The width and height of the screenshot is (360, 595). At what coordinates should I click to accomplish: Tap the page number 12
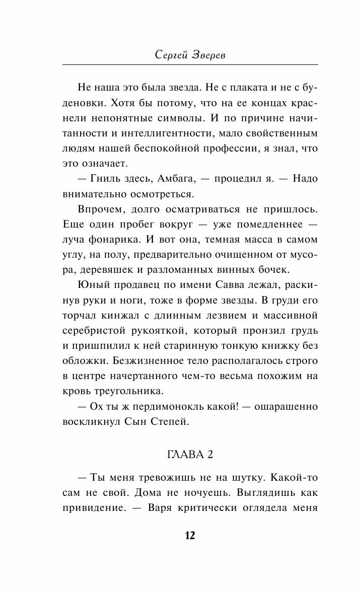click(x=189, y=535)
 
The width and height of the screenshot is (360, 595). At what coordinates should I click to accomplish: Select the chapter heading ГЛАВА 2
click(x=189, y=454)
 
